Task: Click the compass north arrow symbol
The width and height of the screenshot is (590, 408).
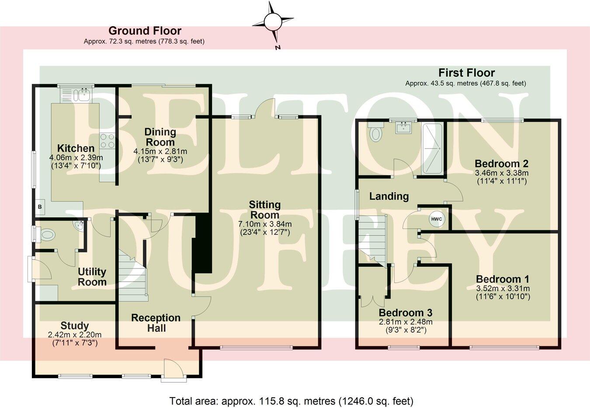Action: pos(274,21)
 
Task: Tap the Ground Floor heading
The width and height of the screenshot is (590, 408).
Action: pos(145,31)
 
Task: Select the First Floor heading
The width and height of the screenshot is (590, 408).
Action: pos(466,73)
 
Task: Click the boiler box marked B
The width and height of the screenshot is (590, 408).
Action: pos(39,207)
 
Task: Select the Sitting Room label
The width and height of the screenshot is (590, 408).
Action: pos(264,209)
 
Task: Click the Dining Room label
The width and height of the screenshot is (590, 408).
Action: pos(160,137)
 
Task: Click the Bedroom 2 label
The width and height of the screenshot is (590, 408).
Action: pos(501,164)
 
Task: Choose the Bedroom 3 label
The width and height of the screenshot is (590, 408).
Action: pos(405,313)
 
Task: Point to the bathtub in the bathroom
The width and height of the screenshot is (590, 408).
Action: pos(431,148)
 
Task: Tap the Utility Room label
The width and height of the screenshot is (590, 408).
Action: pos(92,277)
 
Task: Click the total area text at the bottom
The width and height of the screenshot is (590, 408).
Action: pos(291,401)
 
